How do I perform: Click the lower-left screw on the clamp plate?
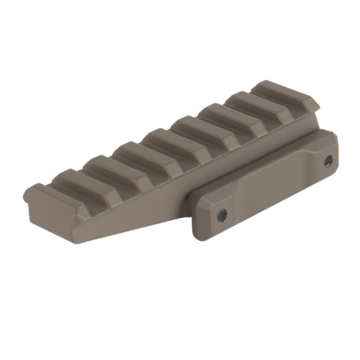[x=222, y=215]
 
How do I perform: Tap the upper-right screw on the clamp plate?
[x=328, y=161]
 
